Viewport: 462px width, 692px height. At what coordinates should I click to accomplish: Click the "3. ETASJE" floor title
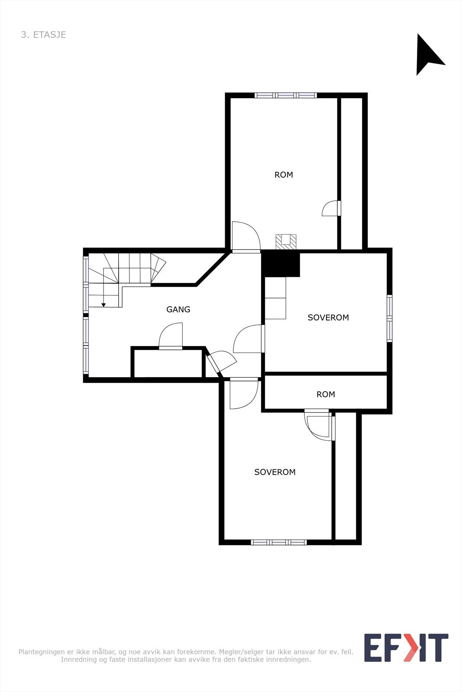point(43,35)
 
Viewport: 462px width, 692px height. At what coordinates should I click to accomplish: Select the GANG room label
point(178,309)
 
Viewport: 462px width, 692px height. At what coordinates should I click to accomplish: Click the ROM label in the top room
point(284,175)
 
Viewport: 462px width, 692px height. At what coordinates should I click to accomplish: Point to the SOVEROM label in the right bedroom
point(328,317)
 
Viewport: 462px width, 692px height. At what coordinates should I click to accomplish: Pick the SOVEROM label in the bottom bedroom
point(275,472)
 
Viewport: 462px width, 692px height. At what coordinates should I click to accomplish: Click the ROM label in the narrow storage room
point(326,394)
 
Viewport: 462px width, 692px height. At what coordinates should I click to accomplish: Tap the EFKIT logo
point(406,647)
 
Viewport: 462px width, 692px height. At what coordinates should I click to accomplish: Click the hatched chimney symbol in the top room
point(286,241)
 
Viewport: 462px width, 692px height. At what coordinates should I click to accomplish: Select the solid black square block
point(281,264)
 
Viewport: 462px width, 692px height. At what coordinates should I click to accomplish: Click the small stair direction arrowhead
point(103,305)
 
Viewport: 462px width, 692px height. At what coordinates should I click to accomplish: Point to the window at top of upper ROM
point(286,95)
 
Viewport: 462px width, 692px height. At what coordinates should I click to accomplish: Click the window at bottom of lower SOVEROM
point(279,542)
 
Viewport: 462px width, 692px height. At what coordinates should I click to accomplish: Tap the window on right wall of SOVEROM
point(389,318)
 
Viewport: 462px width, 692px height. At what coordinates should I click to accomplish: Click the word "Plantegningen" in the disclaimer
point(42,652)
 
